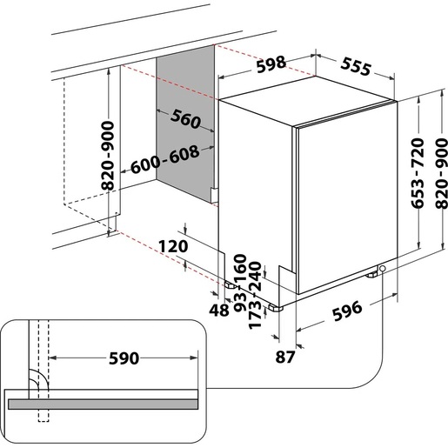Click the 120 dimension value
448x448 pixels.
(x=175, y=247)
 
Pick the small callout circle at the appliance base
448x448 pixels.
(x=383, y=271)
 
